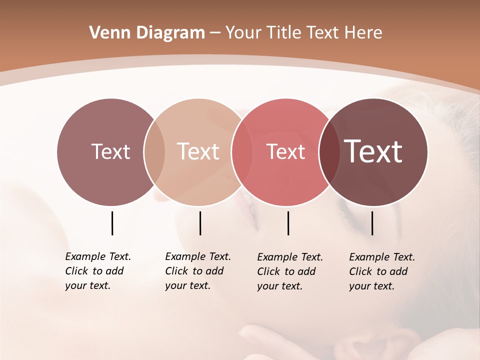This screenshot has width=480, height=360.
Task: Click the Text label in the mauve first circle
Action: pyautogui.click(x=110, y=151)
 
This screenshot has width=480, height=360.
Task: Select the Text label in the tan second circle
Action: pyautogui.click(x=198, y=151)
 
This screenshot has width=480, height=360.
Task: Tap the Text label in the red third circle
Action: pyautogui.click(x=285, y=151)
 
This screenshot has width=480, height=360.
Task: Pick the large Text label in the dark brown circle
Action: pyautogui.click(x=373, y=151)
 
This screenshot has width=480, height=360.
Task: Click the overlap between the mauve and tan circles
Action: pyautogui.click(x=154, y=151)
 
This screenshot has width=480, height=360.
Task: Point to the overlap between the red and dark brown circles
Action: pyautogui.click(x=329, y=151)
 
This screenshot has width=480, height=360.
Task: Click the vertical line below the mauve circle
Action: pyautogui.click(x=112, y=223)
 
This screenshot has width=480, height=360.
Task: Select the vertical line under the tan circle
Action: pyautogui.click(x=200, y=223)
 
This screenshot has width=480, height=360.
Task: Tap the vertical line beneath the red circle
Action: pyautogui.click(x=288, y=223)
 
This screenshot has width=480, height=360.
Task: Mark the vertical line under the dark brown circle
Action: pyautogui.click(x=372, y=223)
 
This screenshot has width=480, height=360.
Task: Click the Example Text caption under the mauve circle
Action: pyautogui.click(x=97, y=271)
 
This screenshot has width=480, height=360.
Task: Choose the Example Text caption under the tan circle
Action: pyautogui.click(x=197, y=271)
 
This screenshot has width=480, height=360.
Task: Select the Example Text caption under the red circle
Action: pyautogui.click(x=289, y=271)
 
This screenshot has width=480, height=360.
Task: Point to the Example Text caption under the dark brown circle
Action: pyautogui.click(x=381, y=271)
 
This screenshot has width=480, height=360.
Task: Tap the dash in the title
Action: pyautogui.click(x=215, y=33)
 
